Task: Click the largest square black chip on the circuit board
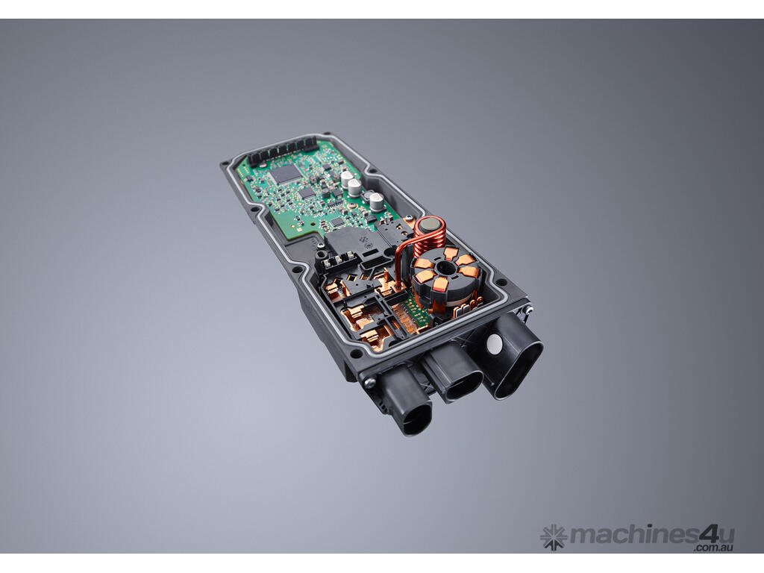(x=286, y=173)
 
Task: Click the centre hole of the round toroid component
(x=445, y=268)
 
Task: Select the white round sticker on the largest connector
(x=494, y=344)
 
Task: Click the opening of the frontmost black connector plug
(x=413, y=419)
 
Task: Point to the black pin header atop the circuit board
(x=283, y=151)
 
